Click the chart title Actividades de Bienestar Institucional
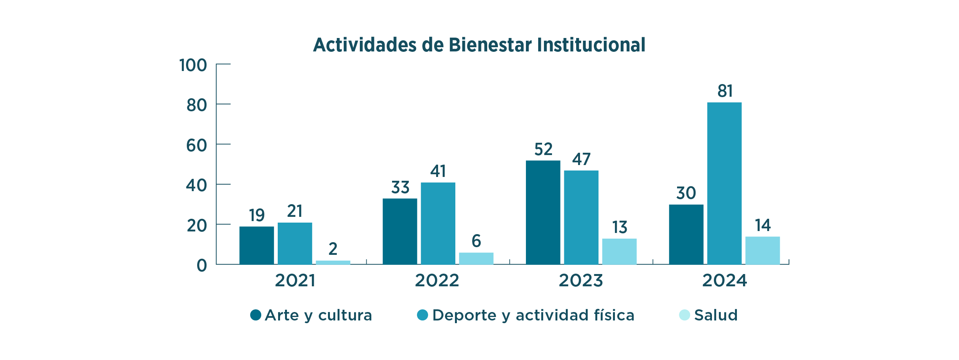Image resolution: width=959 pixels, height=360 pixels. [x=479, y=45]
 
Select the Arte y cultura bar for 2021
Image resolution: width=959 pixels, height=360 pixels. [x=257, y=245]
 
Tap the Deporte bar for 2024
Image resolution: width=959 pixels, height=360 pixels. [x=724, y=183]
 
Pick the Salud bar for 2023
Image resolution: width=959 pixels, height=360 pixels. [x=619, y=251]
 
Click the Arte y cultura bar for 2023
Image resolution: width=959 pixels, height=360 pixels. [x=543, y=212]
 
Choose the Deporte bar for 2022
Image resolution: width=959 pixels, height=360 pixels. [x=438, y=223]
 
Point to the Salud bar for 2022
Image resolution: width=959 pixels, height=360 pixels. [x=476, y=258]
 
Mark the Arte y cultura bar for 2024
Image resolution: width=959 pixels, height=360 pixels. [x=686, y=234]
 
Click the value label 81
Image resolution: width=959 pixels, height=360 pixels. [x=725, y=91]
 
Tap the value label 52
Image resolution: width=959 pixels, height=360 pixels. [x=543, y=149]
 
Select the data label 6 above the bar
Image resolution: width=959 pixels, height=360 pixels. [x=476, y=241]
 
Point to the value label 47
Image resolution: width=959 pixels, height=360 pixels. [x=581, y=159]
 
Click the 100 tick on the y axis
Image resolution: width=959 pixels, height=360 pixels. [x=193, y=65]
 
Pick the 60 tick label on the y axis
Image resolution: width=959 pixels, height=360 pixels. [x=196, y=145]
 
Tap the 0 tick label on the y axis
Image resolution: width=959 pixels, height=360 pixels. [x=202, y=266]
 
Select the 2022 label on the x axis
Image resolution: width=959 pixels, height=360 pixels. [x=437, y=281]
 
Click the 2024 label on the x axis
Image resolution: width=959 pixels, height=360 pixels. [x=725, y=281]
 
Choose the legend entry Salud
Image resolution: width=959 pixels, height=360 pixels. [x=715, y=315]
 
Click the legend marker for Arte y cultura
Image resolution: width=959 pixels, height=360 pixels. [x=255, y=315]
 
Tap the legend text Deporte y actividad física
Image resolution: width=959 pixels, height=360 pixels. [x=533, y=315]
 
